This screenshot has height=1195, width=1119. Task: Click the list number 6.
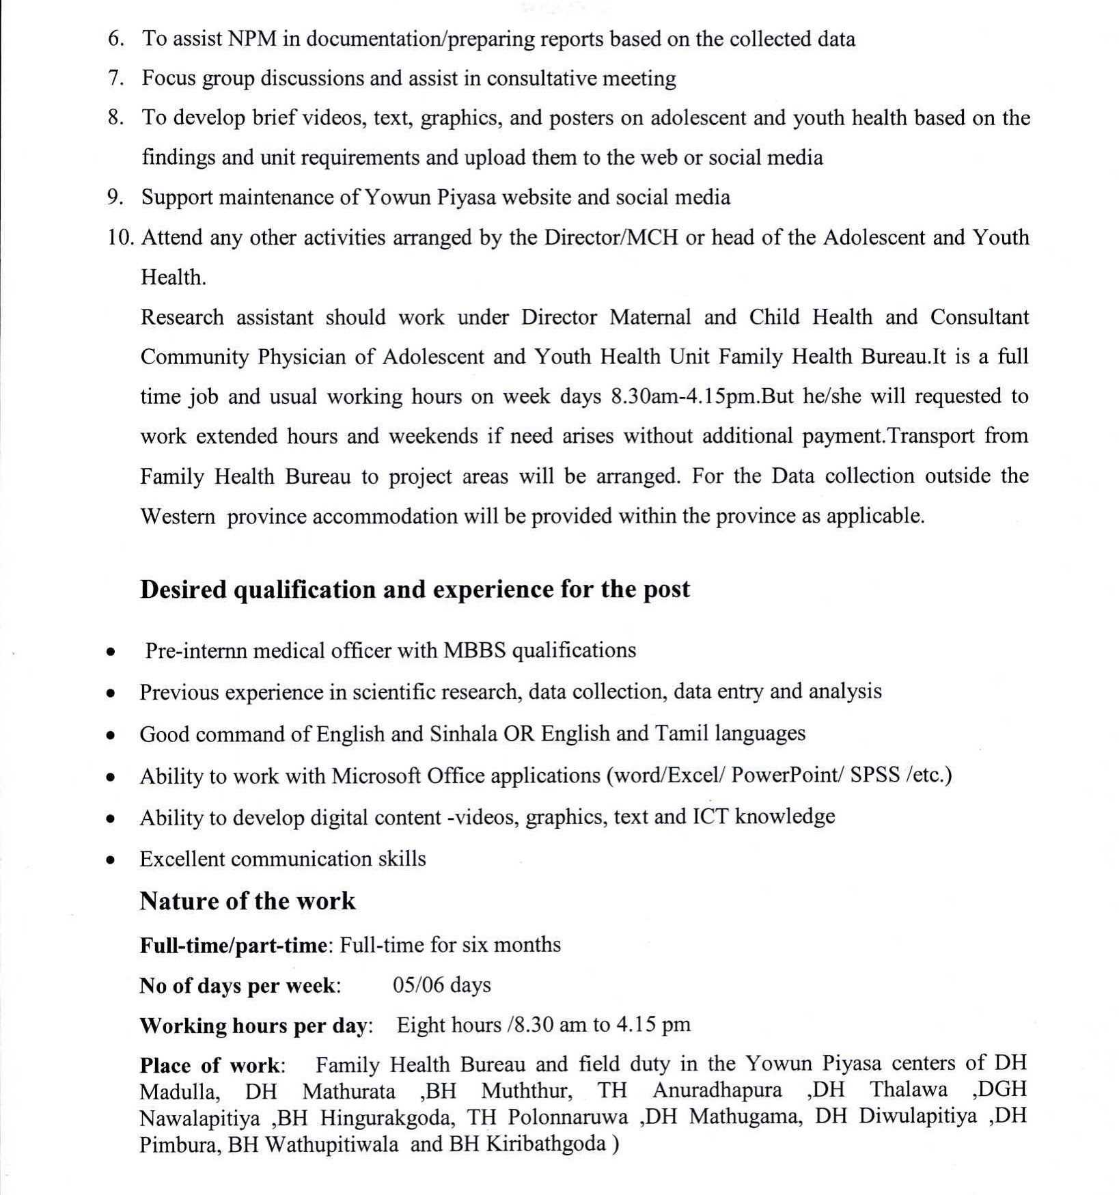coord(115,39)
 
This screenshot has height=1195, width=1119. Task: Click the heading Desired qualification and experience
coord(415,589)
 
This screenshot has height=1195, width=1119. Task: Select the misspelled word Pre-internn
coord(196,650)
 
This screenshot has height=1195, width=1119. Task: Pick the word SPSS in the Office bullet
coord(874,775)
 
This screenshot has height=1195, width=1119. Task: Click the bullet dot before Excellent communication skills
coord(110,860)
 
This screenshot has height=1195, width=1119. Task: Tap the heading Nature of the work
coord(247,901)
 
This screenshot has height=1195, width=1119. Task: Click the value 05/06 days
coord(441,985)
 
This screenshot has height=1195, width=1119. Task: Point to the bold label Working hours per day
coord(255,1026)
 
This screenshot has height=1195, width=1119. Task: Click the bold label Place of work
coord(212,1065)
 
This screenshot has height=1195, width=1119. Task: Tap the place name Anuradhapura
coord(717,1090)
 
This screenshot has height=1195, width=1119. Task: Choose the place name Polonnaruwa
coord(568,1117)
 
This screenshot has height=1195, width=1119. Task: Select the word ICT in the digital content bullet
coord(710,817)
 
